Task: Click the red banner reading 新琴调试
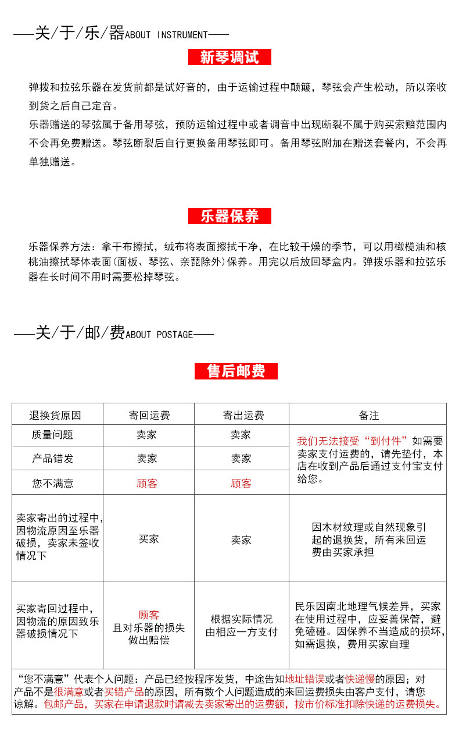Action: [x=229, y=57]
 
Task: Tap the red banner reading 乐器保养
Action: [x=229, y=216]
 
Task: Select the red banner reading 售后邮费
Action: [x=236, y=371]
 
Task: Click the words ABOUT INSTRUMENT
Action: [x=166, y=35]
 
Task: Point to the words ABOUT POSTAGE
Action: [x=159, y=335]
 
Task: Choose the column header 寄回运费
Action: [x=149, y=416]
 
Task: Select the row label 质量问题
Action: [x=52, y=435]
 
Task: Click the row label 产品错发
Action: [x=52, y=459]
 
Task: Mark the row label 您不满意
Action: [x=52, y=483]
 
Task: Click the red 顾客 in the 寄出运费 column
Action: [x=241, y=483]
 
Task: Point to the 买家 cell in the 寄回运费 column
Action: [x=149, y=539]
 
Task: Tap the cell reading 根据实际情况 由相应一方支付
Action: [x=241, y=626]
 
